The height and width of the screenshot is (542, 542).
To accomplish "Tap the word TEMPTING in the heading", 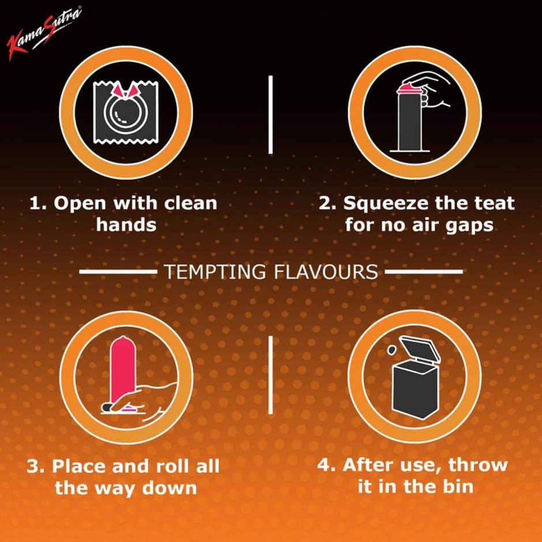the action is (x=215, y=272).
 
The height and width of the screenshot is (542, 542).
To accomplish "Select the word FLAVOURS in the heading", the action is (x=326, y=272).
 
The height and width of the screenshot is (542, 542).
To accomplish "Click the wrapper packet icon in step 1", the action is (x=126, y=112).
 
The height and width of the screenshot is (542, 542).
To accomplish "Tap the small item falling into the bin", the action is (x=392, y=349).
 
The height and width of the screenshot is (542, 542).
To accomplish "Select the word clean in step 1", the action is (x=190, y=203).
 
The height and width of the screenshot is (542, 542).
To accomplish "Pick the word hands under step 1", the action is (x=126, y=225).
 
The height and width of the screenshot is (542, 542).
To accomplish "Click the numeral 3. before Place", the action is (x=36, y=466).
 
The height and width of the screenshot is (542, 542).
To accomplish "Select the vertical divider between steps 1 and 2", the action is (x=270, y=114).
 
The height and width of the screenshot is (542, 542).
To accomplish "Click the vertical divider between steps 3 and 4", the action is (x=270, y=375).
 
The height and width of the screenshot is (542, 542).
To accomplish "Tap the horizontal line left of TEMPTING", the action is (x=118, y=272).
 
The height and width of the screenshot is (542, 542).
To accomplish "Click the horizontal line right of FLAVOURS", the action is (x=424, y=272).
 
